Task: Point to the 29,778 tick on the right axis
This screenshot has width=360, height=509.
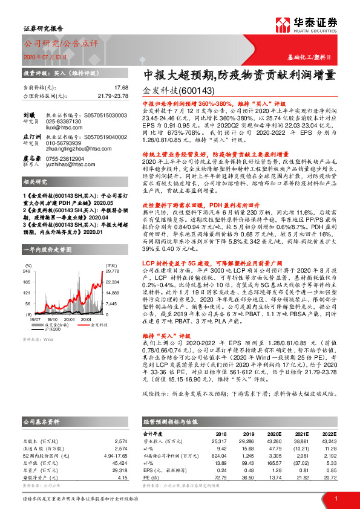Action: coord(112,272)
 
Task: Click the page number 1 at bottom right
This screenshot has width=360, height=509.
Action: coord(335,498)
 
